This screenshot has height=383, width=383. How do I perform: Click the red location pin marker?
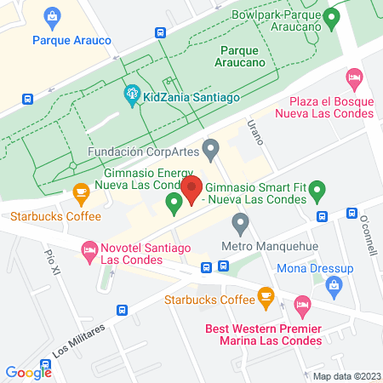click(192, 188)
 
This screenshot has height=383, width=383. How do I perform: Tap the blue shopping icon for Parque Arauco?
click(53, 16)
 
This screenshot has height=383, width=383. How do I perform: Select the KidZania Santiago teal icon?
click(131, 95)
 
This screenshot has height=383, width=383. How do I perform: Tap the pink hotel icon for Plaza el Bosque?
click(355, 78)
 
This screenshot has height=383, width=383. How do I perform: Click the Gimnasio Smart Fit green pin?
click(317, 189)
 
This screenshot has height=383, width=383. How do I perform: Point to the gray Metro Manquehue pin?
click(241, 225)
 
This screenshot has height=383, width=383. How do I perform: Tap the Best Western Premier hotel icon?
click(300, 305)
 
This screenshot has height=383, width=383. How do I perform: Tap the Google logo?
click(28, 372)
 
